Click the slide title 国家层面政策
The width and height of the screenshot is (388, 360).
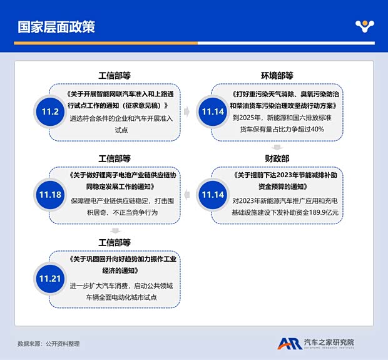[x=56, y=26]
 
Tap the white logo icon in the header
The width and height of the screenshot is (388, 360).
[x=364, y=26]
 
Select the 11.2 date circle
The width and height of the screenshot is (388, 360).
[x=50, y=112]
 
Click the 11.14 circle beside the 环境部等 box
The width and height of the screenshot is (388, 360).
[x=212, y=112]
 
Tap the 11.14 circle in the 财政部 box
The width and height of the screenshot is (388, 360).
[x=212, y=194]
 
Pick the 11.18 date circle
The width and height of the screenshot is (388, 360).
[x=50, y=194]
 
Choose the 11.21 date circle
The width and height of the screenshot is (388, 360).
[x=50, y=277]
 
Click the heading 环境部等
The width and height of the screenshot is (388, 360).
[x=277, y=76]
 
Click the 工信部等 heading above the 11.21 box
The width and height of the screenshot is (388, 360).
[x=115, y=242]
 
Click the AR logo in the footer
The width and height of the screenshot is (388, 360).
[x=289, y=343]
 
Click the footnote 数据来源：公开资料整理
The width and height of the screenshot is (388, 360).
[x=49, y=344]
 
